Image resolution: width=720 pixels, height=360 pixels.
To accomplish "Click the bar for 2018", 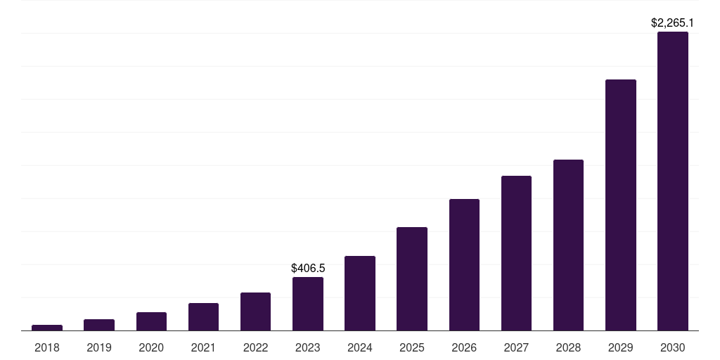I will coord(47,328).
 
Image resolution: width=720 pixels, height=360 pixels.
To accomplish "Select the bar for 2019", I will coord(99,325).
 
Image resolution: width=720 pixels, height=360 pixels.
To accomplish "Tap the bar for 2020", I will coord(151,321).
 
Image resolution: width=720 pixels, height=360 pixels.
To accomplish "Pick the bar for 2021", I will coord(203,317).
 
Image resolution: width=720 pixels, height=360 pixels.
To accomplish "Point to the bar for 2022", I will coord(255,311).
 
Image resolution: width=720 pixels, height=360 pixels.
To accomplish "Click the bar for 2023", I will coord(308,304).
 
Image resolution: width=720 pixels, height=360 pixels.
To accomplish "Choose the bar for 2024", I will coord(360,293).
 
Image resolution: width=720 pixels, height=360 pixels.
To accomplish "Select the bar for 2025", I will coord(412,279).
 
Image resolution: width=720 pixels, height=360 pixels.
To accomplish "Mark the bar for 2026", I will coord(464,265).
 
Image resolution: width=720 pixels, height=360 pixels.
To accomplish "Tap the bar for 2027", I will coord(516,253).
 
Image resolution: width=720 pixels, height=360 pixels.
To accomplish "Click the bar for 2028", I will coord(568,245).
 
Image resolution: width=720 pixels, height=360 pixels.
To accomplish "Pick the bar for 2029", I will coord(621,205).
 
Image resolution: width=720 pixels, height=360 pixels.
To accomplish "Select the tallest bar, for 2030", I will coord(673,181).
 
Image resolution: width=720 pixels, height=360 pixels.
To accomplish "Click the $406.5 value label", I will coord(308,268).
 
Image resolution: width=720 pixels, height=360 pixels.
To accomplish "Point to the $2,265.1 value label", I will coord(673,22).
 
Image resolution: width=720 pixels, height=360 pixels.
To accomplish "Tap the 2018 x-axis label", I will coord(47,347).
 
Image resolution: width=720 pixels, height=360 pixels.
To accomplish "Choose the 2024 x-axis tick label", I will coord(360,347).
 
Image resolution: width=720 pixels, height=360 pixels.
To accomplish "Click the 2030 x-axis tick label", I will coord(673,347).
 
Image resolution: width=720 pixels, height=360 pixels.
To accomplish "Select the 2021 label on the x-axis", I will coord(203,347).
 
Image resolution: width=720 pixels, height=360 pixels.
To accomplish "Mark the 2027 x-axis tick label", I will coord(516,347).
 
